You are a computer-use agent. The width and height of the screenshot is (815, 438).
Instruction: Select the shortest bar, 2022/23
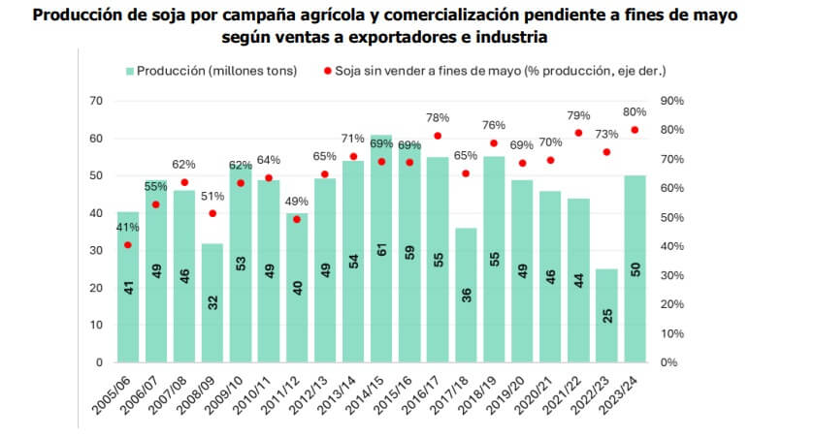point(606,316)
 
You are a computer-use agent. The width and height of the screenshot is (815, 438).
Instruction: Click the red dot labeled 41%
point(128,245)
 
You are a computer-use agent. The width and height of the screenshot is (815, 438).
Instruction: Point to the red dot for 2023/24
point(636,130)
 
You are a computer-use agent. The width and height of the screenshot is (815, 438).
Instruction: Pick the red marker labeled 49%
point(297,220)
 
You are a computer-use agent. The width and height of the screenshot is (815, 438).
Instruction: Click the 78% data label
point(438,118)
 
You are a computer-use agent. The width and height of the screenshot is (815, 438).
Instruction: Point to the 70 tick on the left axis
point(95,101)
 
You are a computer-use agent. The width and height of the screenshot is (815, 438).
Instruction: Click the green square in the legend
point(129,71)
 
